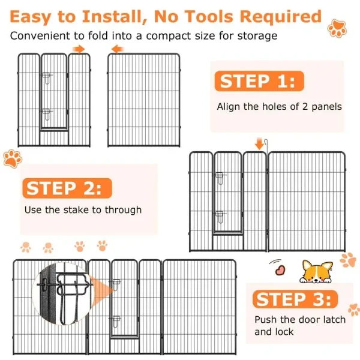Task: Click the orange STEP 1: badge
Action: click(259, 81)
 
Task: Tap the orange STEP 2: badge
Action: click(67, 188)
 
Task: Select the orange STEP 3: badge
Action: click(295, 299)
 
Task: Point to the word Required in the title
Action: click(280, 17)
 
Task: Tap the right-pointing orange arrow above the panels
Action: click(79, 49)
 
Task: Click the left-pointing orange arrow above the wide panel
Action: click(118, 49)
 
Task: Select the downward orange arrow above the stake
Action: click(259, 143)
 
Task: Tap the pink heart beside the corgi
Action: click(280, 270)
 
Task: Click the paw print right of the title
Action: click(337, 28)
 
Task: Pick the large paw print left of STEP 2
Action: click(13, 158)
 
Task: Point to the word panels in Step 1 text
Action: click(326, 107)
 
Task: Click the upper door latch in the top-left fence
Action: click(47, 77)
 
